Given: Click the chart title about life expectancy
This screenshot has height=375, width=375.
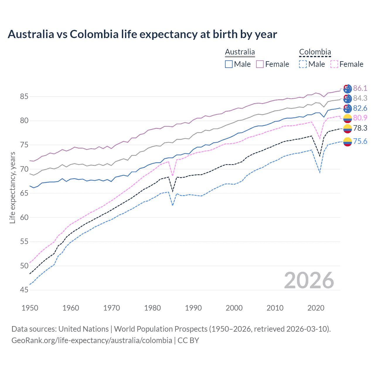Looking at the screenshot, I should click(142, 34).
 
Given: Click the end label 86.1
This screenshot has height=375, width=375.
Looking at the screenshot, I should click(360, 88).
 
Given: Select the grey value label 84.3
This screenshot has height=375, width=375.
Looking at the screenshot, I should click(360, 98).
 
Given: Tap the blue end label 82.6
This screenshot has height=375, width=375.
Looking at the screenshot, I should click(360, 108).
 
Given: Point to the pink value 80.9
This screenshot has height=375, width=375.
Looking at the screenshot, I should click(360, 118).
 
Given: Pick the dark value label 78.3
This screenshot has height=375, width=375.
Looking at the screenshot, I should click(360, 128).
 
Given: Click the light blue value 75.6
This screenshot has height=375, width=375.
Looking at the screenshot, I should click(360, 141).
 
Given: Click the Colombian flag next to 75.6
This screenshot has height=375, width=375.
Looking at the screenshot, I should click(347, 142).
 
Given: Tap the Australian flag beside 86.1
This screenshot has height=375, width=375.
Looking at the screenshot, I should click(347, 88).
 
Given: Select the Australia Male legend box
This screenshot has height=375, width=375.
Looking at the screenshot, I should click(229, 64).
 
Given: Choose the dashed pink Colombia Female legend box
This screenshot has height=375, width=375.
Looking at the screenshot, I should click(334, 64).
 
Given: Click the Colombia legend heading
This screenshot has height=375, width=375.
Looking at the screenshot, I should click(315, 52).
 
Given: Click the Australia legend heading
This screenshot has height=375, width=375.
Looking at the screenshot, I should click(240, 52).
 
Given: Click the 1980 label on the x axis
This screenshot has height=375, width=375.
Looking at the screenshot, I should click(152, 308).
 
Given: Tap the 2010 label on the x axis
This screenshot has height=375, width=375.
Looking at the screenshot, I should click(275, 308).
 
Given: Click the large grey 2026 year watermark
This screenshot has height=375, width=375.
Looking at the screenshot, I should click(309, 280).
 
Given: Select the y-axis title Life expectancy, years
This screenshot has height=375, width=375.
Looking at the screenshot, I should click(12, 187).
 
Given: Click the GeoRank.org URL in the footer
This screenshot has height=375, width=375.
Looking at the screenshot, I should click(92, 340).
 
